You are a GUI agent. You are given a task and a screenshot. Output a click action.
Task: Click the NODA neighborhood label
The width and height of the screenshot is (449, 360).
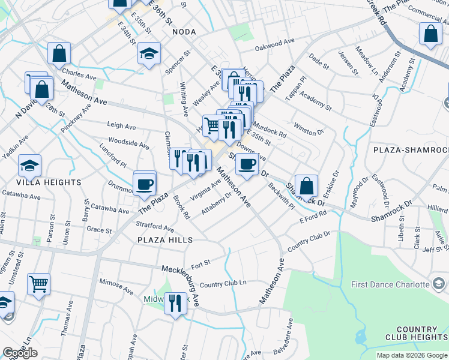[x=184, y=31]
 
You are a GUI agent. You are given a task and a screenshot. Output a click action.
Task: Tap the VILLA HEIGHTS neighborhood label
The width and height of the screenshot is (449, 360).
[x=49, y=182]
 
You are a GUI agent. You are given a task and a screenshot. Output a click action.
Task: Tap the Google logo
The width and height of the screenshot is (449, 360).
[x=20, y=353]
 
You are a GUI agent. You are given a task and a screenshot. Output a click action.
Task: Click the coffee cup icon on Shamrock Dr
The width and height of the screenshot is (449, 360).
[x=246, y=164]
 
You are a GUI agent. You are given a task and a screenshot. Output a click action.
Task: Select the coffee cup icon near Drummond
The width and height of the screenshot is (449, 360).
[x=144, y=184]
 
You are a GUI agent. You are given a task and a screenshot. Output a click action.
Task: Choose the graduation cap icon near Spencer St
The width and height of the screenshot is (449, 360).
[x=149, y=54]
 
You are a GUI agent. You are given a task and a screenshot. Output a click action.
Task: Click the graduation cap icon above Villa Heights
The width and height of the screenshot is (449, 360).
[x=29, y=164]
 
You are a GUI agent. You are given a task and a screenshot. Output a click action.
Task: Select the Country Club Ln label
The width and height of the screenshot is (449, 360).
[x=223, y=284]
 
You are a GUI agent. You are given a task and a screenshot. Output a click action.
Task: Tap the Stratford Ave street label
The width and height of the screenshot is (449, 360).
[x=155, y=227]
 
